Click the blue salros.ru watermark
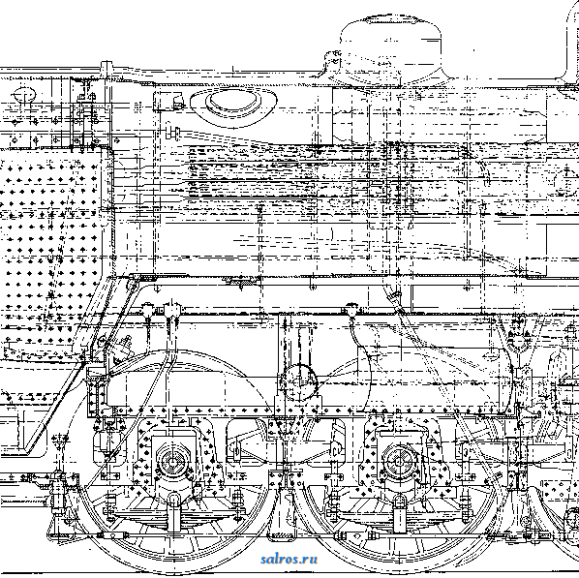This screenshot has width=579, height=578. tap(289, 560)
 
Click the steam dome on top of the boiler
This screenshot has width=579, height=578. tap(389, 50)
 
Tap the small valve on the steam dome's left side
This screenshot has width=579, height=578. tap(333, 59)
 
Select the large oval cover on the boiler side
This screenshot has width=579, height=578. tap(233, 105)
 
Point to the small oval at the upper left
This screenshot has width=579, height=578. tap(24, 94)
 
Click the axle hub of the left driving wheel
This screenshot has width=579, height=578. tap(172, 462)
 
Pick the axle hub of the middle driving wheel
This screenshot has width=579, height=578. tap(399, 462)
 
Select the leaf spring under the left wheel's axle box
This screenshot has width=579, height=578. tap(172, 512)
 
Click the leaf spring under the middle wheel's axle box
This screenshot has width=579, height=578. tap(399, 512)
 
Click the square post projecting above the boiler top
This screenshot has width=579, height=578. tap(107, 69)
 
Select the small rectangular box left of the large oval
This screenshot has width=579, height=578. tap(168, 101)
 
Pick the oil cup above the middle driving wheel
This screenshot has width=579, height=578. tap(351, 310)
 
